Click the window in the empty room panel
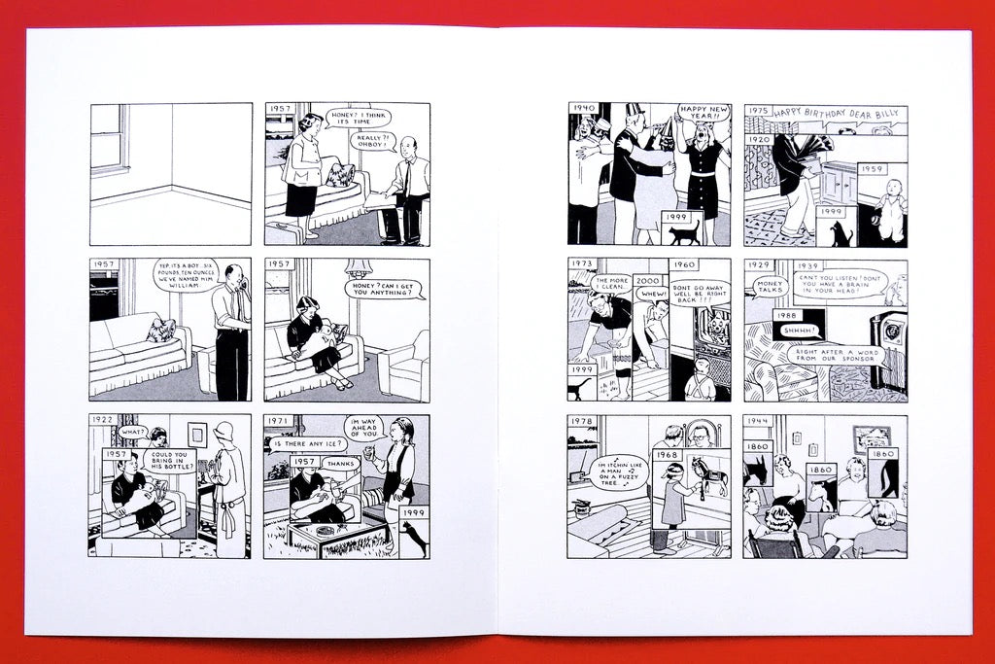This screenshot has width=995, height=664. (110, 138)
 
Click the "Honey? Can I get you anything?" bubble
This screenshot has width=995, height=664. (387, 288)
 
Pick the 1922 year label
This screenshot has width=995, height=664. (102, 420)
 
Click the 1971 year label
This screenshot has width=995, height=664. (278, 420)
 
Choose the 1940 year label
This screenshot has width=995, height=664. (583, 109)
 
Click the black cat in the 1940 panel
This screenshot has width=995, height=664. (684, 233)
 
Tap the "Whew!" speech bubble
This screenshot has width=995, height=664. (653, 294)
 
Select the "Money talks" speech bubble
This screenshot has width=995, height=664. (771, 287)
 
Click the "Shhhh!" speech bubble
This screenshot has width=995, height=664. (799, 332)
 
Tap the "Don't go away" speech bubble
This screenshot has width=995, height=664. (699, 293)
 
